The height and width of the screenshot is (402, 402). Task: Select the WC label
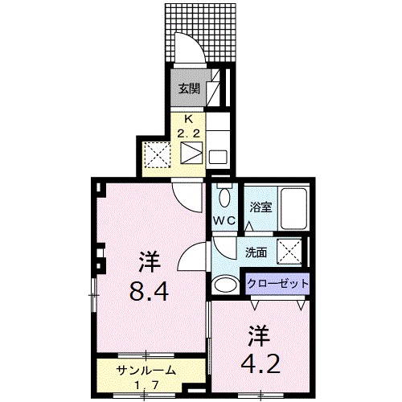tap(224, 219)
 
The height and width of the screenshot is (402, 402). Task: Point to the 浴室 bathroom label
tap(259, 207)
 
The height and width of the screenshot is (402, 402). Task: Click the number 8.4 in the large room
tap(149, 293)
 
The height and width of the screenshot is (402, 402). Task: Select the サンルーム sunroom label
tap(146, 371)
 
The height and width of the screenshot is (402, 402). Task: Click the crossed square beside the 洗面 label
tap(289, 252)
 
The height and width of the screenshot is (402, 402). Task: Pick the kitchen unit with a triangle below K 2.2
tap(192, 153)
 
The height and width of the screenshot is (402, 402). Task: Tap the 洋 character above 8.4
tap(149, 261)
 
